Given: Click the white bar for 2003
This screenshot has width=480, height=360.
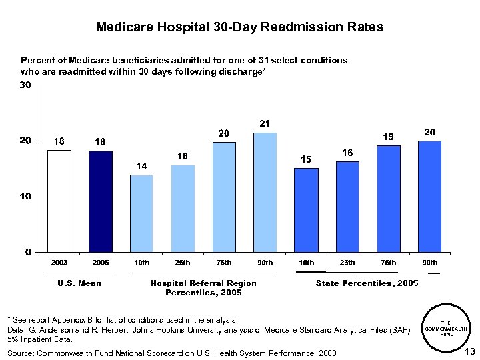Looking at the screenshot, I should pos(59,201).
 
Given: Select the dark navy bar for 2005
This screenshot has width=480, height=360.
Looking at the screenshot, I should pos(101,201).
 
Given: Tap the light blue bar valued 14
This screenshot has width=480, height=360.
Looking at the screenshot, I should pos(141,213).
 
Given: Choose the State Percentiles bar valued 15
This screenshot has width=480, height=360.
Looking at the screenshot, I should pos(306,210).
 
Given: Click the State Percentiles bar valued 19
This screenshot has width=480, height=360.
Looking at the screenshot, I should pos(388,199).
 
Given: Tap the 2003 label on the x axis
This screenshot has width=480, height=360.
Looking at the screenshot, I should pos(59,263).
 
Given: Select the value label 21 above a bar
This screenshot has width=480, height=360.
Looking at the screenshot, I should pos(265,124).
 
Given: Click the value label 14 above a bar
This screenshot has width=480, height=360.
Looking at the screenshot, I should pos(141,165).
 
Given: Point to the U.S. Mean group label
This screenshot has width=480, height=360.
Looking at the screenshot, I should pos(79,283).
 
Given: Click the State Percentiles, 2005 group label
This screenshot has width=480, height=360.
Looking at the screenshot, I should pos(367,283).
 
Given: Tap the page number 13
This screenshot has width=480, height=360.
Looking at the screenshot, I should pos(469,351).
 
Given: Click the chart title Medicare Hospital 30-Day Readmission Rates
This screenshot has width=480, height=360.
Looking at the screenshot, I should pos(240,27).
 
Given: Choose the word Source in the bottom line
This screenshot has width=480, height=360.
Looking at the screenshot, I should pos(21,353).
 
